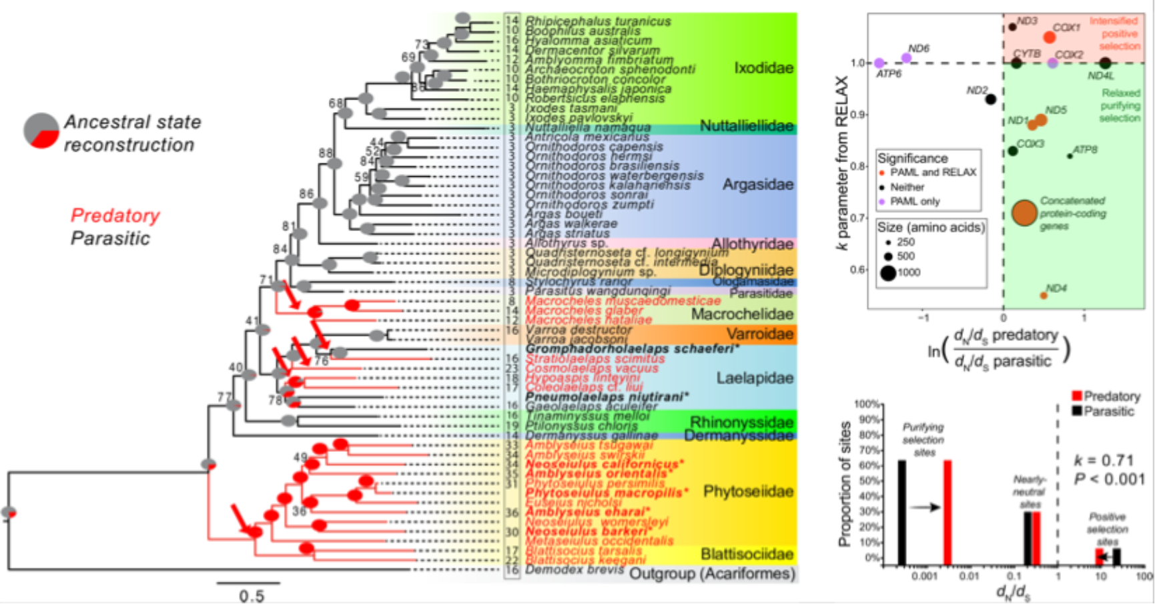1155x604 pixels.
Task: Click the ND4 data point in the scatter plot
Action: coord(1044,295)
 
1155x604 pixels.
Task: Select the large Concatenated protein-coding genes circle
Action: coord(1024,212)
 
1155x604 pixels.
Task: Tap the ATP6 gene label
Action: coord(888,74)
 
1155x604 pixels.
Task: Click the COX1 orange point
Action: coord(1049,37)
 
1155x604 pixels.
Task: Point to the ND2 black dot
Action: coord(991,99)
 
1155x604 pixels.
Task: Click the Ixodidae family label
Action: coord(763,68)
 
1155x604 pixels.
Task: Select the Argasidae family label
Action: coord(758,185)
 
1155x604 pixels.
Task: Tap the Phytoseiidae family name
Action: coord(748,492)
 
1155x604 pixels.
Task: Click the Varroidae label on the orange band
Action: coord(760,334)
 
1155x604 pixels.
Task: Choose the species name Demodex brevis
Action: coord(574,570)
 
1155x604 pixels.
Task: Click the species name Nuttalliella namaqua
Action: coord(588,127)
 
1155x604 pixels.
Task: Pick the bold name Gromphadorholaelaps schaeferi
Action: coord(633,349)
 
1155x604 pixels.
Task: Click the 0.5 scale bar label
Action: coord(252,596)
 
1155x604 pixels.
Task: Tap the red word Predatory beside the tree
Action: coord(115,216)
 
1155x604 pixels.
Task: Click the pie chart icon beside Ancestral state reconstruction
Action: coord(41,131)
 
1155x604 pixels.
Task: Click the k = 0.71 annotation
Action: coord(1104,461)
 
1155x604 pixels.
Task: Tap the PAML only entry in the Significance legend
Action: coord(914,202)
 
